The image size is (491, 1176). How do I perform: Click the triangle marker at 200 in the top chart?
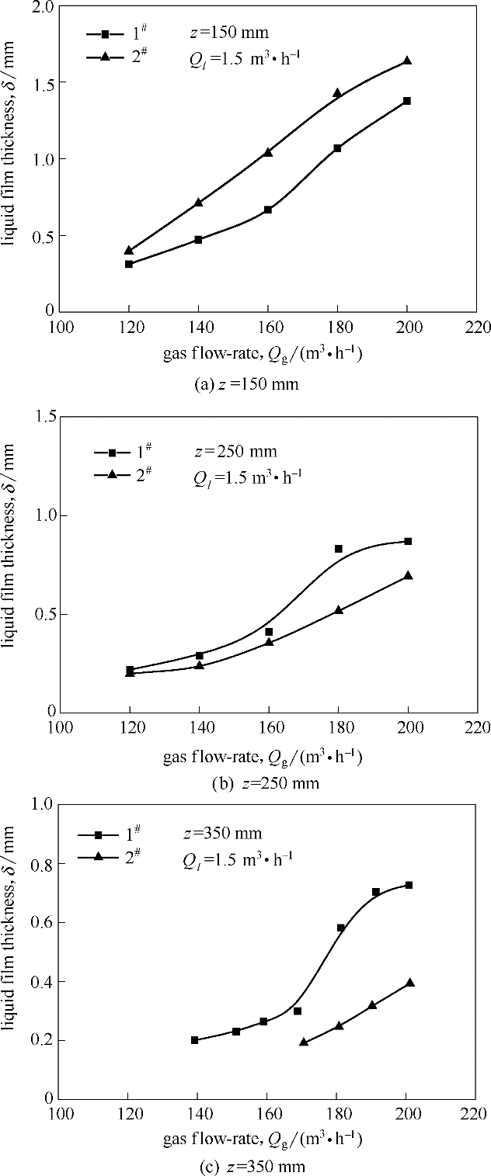[x=407, y=61]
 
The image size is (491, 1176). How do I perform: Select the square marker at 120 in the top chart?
[x=129, y=264]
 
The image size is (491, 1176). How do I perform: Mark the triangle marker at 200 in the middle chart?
[x=408, y=575]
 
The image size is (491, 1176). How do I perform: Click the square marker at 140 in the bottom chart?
[x=194, y=1040]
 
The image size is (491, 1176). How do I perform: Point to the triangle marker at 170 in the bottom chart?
[x=304, y=1042]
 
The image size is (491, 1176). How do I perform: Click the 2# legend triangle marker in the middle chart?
[x=110, y=474]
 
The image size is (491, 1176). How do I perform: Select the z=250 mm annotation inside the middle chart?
[x=235, y=451]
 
